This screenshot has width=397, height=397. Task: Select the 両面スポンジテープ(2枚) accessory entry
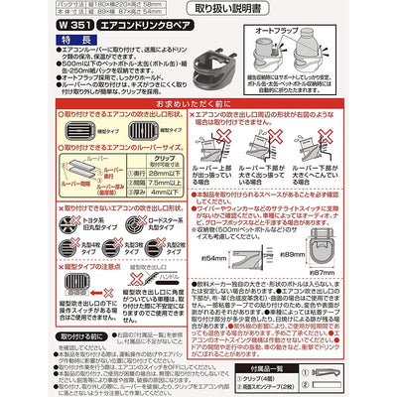tap(328, 390)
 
